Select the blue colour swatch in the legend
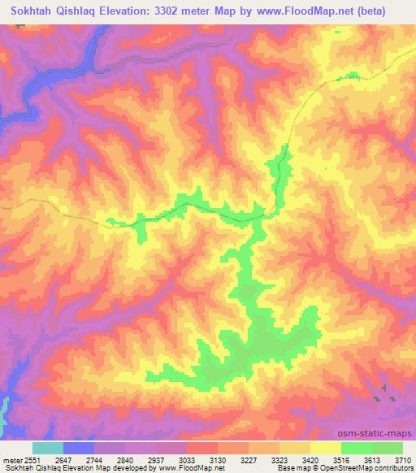[78, 448]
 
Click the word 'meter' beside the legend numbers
[11, 459]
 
